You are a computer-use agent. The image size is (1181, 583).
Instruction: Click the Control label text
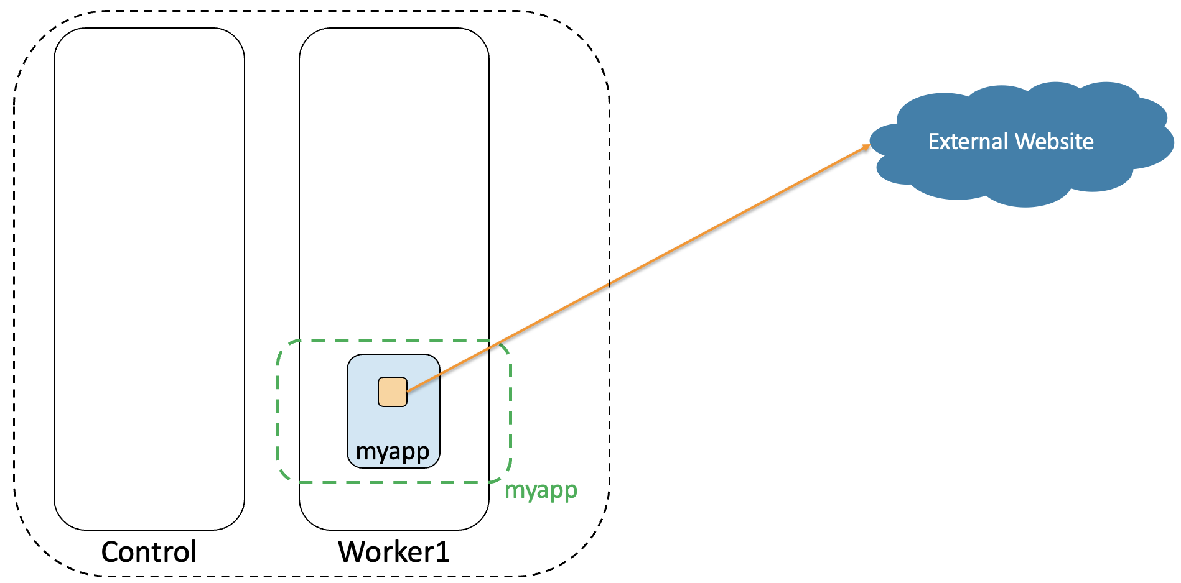[x=149, y=552]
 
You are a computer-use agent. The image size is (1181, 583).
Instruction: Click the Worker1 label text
[x=393, y=552]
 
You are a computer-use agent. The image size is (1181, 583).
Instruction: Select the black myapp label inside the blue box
[x=393, y=452]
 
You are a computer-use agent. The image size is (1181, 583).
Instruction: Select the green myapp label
[x=541, y=490]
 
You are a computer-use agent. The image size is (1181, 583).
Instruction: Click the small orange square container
[x=393, y=392]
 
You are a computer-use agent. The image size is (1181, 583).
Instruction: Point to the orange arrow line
[x=684, y=244]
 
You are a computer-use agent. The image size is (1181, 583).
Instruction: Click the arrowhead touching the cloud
[x=866, y=147]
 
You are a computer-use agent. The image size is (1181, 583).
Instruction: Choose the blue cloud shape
[x=1020, y=180]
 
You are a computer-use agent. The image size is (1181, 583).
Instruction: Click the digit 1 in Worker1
[x=442, y=552]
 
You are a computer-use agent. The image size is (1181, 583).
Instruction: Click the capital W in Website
[x=1025, y=142]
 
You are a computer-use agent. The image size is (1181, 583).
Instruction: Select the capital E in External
[x=933, y=142]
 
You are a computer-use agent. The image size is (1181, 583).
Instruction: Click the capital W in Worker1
[x=352, y=552]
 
